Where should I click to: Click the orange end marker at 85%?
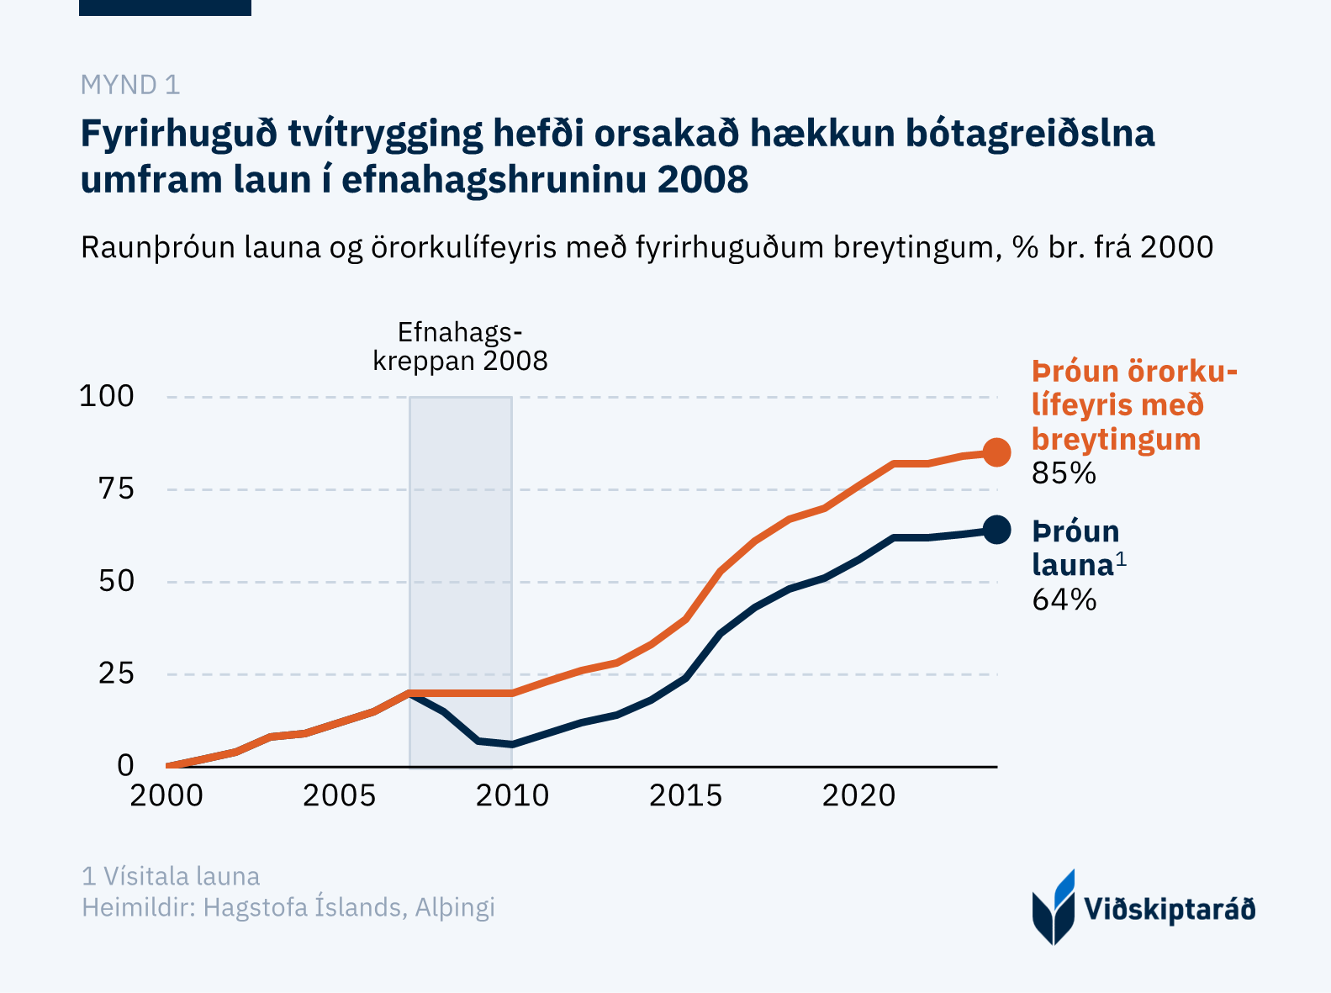[996, 452]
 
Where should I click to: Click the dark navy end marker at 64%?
[996, 530]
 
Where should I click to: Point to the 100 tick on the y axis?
[107, 396]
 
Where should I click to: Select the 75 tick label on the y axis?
[116, 489]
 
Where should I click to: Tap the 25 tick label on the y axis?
[116, 673]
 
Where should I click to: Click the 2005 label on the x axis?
[339, 795]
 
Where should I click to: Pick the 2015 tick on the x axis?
[685, 795]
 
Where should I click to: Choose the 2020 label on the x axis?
[858, 795]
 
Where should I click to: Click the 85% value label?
[1064, 474]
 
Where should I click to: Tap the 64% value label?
[1064, 600]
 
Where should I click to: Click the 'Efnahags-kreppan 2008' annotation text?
[460, 346]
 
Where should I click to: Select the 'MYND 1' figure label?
[129, 85]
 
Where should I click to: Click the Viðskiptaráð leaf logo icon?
[1053, 908]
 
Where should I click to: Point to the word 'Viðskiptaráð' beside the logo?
[1170, 910]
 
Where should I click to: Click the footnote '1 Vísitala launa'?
[171, 877]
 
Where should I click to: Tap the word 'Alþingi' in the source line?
[455, 908]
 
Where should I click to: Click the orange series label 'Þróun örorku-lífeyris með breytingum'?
[1133, 405]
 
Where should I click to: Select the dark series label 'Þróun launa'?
[1075, 548]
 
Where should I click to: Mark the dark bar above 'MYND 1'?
[165, 8]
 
